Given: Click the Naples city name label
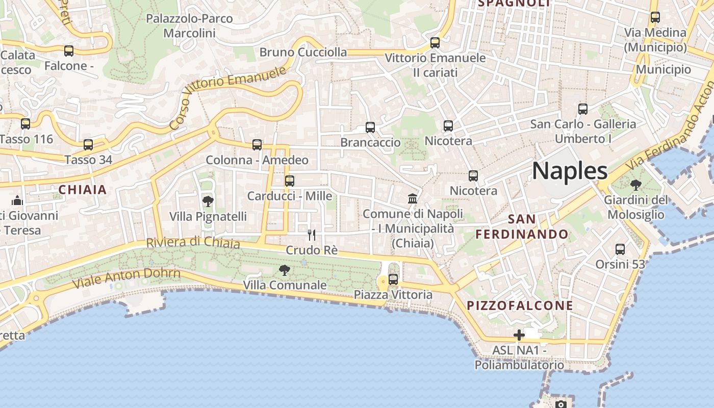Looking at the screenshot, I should pyautogui.click(x=570, y=171).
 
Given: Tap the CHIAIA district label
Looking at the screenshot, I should pyautogui.click(x=83, y=190).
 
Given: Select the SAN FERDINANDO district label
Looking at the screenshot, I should pyautogui.click(x=522, y=227).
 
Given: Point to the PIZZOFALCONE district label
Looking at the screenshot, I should pyautogui.click(x=520, y=305).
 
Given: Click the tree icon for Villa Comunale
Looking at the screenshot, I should pyautogui.click(x=285, y=270).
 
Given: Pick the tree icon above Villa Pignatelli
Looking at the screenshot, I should pyautogui.click(x=208, y=201).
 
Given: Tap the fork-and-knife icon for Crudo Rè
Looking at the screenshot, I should pyautogui.click(x=312, y=235).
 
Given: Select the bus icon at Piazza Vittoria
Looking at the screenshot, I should pyautogui.click(x=393, y=279).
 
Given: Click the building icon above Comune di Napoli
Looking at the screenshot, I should pyautogui.click(x=413, y=198).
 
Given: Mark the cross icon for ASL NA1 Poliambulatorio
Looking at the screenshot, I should pyautogui.click(x=519, y=335).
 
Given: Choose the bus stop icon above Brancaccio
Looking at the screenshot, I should pyautogui.click(x=370, y=127).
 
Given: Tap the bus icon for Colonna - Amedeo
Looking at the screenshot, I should pyautogui.click(x=257, y=145).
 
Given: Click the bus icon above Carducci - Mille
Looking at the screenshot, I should pyautogui.click(x=290, y=181).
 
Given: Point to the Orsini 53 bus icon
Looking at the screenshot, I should pyautogui.click(x=620, y=249).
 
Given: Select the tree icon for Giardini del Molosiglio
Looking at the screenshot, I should pyautogui.click(x=635, y=185).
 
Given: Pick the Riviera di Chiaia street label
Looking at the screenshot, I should pyautogui.click(x=193, y=242).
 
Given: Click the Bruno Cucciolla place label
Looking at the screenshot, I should pyautogui.click(x=303, y=52).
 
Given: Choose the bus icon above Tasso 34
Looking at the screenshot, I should pyautogui.click(x=88, y=145).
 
